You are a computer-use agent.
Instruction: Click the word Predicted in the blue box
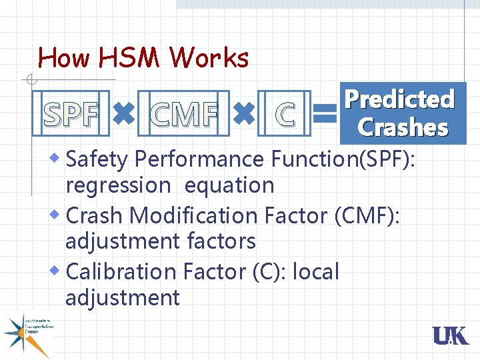[x=399, y=99]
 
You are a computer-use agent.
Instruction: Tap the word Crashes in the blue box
[x=403, y=127]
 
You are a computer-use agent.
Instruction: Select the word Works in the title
[x=209, y=59]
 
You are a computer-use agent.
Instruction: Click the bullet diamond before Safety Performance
[x=57, y=158]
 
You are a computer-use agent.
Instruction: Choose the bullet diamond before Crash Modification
[x=57, y=215]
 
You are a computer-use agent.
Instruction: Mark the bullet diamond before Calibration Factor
[x=57, y=271]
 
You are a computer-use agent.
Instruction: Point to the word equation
[x=229, y=185]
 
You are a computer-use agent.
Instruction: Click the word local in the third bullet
[x=316, y=271]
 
